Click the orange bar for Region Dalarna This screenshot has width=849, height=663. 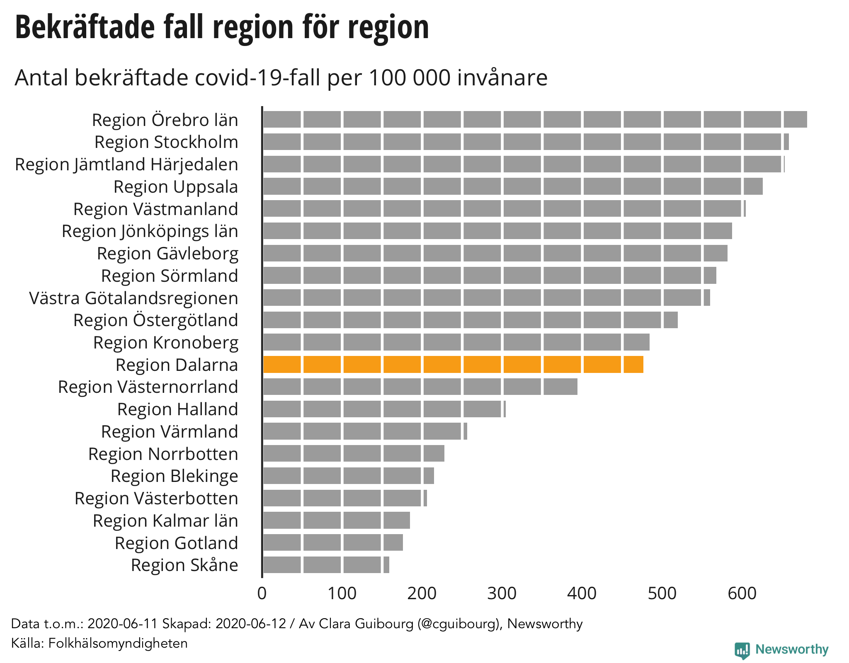coord(453,364)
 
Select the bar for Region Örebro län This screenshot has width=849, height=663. coord(535,119)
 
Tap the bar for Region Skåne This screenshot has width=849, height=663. coord(326,565)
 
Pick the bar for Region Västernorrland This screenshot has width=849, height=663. coord(420,387)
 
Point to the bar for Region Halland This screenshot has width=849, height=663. coord(384,409)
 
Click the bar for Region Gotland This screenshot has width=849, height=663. coord(333,542)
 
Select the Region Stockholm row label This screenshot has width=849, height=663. coord(166,142)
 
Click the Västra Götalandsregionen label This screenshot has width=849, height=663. coord(133,298)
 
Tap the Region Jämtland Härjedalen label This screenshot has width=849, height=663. coord(126,165)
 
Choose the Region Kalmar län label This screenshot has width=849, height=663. coord(165,521)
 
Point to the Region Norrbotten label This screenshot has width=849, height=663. coord(163,454)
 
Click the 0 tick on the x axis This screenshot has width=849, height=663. coord(262,593)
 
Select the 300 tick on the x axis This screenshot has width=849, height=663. coord(502,593)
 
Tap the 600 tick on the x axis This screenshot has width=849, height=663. coord(742,593)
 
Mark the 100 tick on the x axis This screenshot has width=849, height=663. coord(342,593)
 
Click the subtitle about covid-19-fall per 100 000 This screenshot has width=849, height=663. coord(281,77)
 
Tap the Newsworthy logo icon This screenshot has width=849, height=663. coord(742,650)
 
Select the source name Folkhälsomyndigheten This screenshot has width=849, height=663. coord(118,643)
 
